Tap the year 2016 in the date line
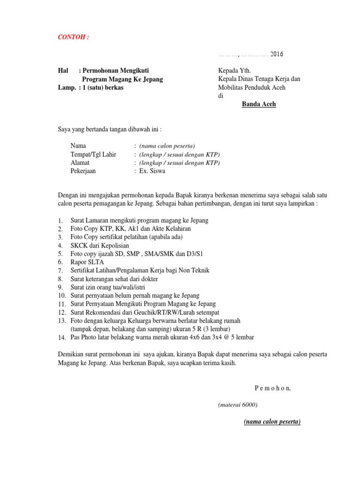(x=277, y=54)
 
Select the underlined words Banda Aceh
(x=259, y=104)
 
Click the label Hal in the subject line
(x=63, y=70)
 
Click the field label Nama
(x=78, y=146)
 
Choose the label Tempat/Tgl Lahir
(x=93, y=154)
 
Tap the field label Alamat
(x=80, y=163)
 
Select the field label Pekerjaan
(x=83, y=171)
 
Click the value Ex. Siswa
(x=152, y=171)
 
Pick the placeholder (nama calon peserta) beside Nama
(x=167, y=146)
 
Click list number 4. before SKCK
(x=60, y=246)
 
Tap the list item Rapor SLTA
(x=87, y=262)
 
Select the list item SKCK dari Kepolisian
(x=99, y=245)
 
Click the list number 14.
(x=62, y=337)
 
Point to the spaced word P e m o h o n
(x=273, y=388)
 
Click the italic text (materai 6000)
(x=238, y=405)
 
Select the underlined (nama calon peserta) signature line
(x=272, y=421)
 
